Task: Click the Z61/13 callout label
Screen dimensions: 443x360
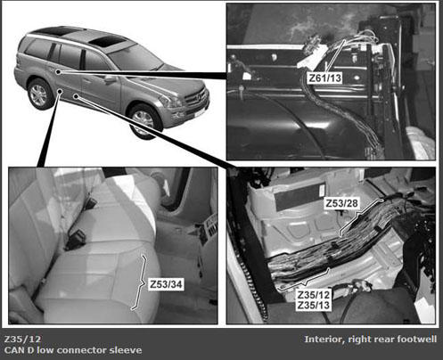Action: (x=325, y=78)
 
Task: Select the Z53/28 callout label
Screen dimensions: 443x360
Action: (x=341, y=203)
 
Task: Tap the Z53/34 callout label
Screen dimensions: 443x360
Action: (x=166, y=284)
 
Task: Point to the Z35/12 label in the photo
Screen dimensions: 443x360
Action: (x=314, y=295)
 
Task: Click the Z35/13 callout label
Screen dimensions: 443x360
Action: (x=314, y=306)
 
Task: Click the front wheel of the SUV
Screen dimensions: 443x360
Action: (x=144, y=121)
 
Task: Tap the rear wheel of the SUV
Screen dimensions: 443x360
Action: (x=39, y=94)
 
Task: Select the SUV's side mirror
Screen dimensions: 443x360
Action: (x=110, y=79)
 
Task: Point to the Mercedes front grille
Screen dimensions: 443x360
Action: (x=195, y=98)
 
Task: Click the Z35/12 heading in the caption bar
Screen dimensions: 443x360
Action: (x=22, y=339)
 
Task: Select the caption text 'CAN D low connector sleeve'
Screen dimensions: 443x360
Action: (x=73, y=350)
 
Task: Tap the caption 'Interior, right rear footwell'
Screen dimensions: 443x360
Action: (x=371, y=340)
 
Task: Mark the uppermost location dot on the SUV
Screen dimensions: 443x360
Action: (x=59, y=71)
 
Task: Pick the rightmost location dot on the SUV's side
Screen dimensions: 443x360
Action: (x=77, y=96)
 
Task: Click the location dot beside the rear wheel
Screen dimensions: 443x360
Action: (x=60, y=91)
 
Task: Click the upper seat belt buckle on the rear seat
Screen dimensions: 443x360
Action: (x=91, y=203)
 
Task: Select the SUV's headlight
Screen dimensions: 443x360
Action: (x=172, y=102)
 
